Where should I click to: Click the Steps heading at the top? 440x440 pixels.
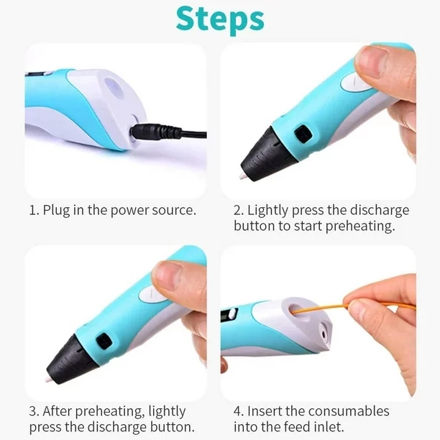coord(220,19)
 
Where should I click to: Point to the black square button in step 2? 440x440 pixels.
coord(303,133)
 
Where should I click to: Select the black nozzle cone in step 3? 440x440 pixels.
coord(74,359)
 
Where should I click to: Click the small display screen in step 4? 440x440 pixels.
coord(229,315)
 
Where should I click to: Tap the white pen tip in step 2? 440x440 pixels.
coord(242,176)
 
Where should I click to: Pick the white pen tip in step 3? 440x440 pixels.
coord(48,379)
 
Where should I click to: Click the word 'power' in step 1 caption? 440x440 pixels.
coord(129,211)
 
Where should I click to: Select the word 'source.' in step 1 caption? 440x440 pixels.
coord(174,211)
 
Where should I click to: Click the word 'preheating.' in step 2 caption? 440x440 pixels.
coord(360,226)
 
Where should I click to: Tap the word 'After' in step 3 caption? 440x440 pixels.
coord(58,411)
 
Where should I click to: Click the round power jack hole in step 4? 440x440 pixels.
coord(324,334)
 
